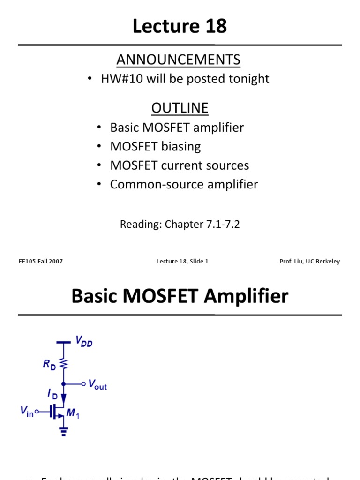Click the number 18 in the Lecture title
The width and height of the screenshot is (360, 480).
tap(214, 27)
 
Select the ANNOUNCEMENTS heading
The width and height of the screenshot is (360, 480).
tap(179, 60)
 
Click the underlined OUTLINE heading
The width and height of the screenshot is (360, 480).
tap(180, 108)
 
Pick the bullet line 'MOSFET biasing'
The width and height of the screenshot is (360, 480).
tap(155, 147)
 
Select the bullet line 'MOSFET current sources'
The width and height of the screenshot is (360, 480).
tap(179, 165)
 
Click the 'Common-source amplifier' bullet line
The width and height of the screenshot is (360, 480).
tap(184, 185)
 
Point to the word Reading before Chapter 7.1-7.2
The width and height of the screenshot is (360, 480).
tap(139, 224)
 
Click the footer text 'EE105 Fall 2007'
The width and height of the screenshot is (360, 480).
tap(40, 262)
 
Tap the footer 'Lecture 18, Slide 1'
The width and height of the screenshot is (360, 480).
tap(182, 262)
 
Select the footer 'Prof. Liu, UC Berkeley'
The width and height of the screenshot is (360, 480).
tap(309, 262)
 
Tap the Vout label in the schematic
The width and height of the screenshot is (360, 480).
tap(97, 385)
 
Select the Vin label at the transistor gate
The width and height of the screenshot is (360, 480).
tap(27, 412)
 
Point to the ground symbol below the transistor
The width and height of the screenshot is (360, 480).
tap(64, 432)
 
